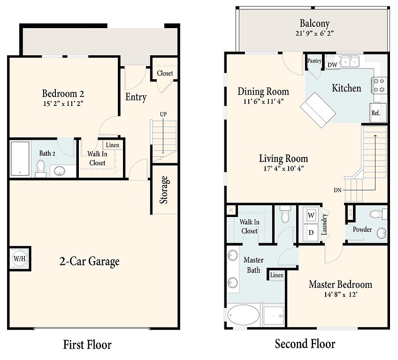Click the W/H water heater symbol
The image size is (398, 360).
(x=20, y=259)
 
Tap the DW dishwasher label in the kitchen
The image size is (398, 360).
(x=332, y=65)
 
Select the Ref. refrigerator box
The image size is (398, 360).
(x=378, y=112)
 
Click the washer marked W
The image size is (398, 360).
(x=311, y=215)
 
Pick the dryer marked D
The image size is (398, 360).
(x=311, y=232)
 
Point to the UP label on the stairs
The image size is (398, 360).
(x=163, y=114)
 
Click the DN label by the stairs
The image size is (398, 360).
(x=337, y=190)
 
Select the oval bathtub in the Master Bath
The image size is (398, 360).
(x=244, y=315)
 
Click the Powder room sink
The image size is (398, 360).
(x=382, y=233)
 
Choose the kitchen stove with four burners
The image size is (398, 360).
(x=379, y=85)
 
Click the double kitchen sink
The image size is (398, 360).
(x=350, y=61)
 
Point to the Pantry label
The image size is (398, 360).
(x=314, y=61)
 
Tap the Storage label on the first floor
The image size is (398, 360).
(x=164, y=190)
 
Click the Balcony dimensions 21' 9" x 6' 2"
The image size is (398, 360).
(x=314, y=33)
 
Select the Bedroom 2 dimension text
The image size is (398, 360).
(x=63, y=104)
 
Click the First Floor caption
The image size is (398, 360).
(x=87, y=345)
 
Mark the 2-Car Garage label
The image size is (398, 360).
(x=89, y=262)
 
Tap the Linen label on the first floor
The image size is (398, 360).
(x=113, y=145)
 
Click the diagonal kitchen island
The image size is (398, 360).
(x=318, y=110)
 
